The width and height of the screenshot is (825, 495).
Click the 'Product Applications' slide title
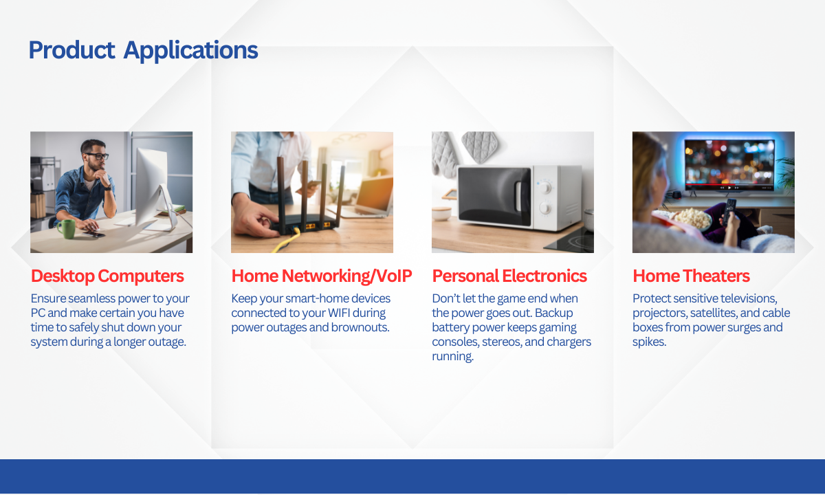pos(143,50)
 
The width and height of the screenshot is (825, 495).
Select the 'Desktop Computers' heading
pos(107,276)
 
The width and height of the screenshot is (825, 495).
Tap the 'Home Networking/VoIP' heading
pos(322,276)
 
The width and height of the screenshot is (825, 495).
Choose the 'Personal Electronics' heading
pos(509,276)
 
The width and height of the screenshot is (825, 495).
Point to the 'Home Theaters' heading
pos(691,276)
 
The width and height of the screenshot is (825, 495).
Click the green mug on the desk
pos(66,229)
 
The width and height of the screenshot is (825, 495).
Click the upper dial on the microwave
pos(544,187)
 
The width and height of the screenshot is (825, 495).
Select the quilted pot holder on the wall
pos(479,146)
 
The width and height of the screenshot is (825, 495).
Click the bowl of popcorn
pos(689,219)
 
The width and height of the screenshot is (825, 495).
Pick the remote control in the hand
pos(729,211)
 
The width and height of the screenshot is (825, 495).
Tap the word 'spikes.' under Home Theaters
pos(649,342)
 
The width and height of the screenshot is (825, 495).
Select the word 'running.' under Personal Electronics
pos(452,357)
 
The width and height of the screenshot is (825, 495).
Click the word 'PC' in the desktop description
pos(38,313)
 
